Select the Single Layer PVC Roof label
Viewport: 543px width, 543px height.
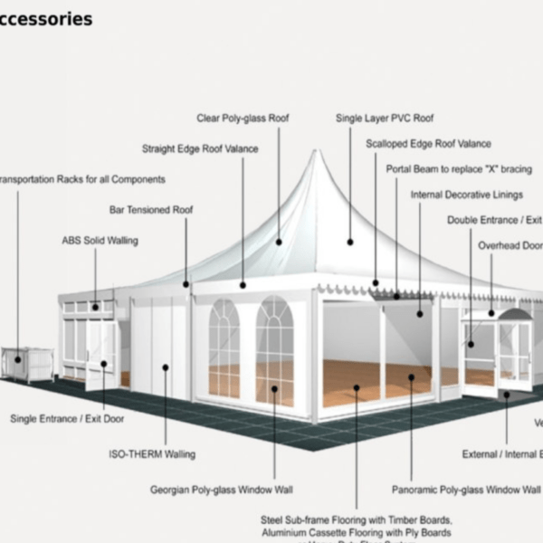coord(385,119)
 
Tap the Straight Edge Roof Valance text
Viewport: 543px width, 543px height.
coord(200,148)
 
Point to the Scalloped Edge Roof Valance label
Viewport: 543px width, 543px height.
coord(428,144)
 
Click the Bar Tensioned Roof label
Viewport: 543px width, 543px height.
coord(151,210)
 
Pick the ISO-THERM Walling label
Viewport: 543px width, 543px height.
coord(152,454)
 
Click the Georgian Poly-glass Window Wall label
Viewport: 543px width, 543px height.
coord(222,490)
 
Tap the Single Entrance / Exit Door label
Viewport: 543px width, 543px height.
coord(67,419)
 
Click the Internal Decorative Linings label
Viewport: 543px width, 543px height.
coord(466,195)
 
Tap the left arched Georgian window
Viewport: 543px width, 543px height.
coord(224,348)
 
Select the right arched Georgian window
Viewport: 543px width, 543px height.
coord(274,348)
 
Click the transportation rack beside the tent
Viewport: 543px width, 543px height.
coord(23,365)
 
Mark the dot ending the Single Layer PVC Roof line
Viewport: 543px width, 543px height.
coord(350,242)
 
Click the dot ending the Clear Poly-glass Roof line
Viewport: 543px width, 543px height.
coord(279,242)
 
